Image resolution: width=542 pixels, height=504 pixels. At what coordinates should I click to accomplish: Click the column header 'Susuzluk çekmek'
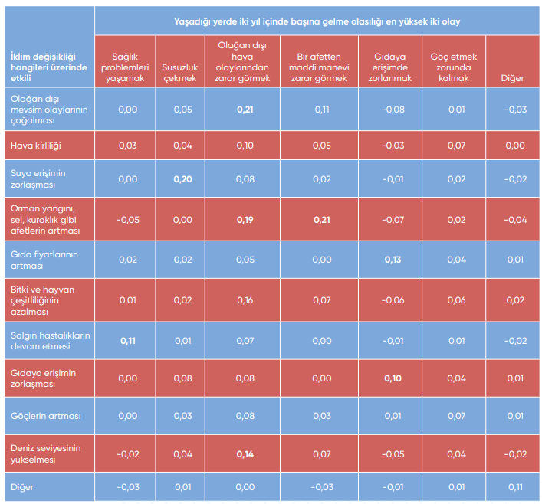coord(180,67)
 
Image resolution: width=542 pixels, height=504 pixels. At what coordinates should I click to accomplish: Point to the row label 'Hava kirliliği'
coord(35,146)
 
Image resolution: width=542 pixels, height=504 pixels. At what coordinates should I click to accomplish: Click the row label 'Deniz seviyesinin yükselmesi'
coord(44,454)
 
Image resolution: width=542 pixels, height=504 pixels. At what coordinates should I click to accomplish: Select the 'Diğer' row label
coord(22,487)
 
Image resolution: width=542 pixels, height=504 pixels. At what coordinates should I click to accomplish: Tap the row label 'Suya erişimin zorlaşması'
coord(38,178)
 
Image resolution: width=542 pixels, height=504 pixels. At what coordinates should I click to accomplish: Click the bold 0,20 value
coord(182,179)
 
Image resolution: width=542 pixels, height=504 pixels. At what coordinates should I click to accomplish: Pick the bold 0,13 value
coord(393,260)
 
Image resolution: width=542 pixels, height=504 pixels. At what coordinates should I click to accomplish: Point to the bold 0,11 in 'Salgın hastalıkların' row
coord(128,340)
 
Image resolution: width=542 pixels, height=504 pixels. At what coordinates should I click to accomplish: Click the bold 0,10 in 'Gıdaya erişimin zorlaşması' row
coord(393,378)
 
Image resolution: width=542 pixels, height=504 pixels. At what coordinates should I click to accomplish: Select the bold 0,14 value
coord(245,454)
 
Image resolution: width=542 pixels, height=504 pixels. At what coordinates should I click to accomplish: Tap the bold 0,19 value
coord(245,220)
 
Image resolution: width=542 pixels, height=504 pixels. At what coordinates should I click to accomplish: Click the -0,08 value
coord(393,110)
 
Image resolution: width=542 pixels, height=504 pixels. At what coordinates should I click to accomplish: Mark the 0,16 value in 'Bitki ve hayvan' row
coord(245,299)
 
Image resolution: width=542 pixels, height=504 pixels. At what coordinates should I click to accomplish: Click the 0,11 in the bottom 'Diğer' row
coord(514,487)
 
